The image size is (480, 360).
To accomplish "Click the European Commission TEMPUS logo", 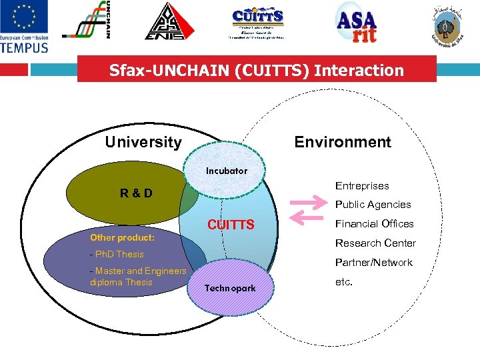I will click(x=25, y=27).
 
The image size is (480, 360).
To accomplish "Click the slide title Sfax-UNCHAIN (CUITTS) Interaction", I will click(x=257, y=70).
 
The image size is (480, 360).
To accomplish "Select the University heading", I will click(x=143, y=142).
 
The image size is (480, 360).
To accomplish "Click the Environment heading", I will click(x=343, y=142).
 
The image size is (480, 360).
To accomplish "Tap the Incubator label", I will click(x=226, y=171).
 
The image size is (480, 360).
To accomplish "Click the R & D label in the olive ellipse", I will click(x=136, y=193).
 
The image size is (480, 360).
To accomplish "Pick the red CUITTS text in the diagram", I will click(x=230, y=225).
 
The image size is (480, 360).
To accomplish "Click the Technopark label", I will click(x=230, y=288).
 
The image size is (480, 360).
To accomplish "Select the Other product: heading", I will click(x=122, y=237).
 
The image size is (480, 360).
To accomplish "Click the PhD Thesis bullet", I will click(x=117, y=254).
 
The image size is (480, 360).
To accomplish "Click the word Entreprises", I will click(x=361, y=186).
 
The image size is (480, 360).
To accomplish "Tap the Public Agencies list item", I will click(x=373, y=205).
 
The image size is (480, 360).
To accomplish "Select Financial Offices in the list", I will click(x=374, y=224).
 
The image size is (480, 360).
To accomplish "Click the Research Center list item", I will click(x=375, y=243).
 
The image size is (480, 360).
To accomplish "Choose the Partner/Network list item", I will click(x=373, y=263).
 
